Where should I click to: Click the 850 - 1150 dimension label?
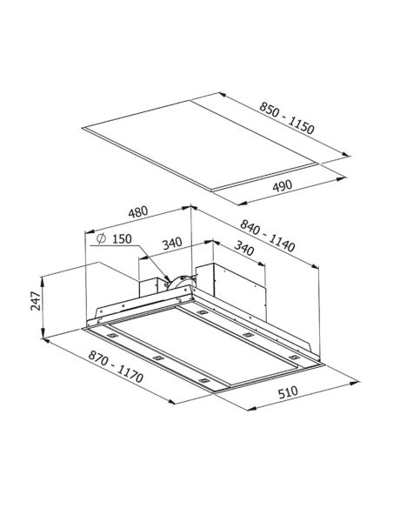tap(287, 118)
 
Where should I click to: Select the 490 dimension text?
tap(283, 186)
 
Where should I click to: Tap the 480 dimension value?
tap(138, 212)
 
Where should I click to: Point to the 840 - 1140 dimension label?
tap(268, 236)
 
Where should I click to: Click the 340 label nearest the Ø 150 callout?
tap(172, 244)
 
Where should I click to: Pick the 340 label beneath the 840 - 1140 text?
tap(243, 248)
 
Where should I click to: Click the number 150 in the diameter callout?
tap(122, 239)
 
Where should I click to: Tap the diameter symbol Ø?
tap(102, 238)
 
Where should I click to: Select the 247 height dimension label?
tap(36, 301)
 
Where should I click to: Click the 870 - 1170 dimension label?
tap(116, 367)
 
